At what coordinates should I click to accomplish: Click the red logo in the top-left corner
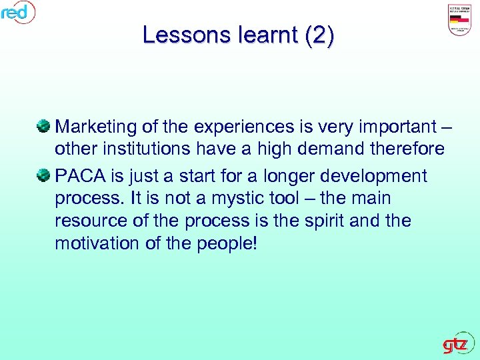[17, 11]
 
